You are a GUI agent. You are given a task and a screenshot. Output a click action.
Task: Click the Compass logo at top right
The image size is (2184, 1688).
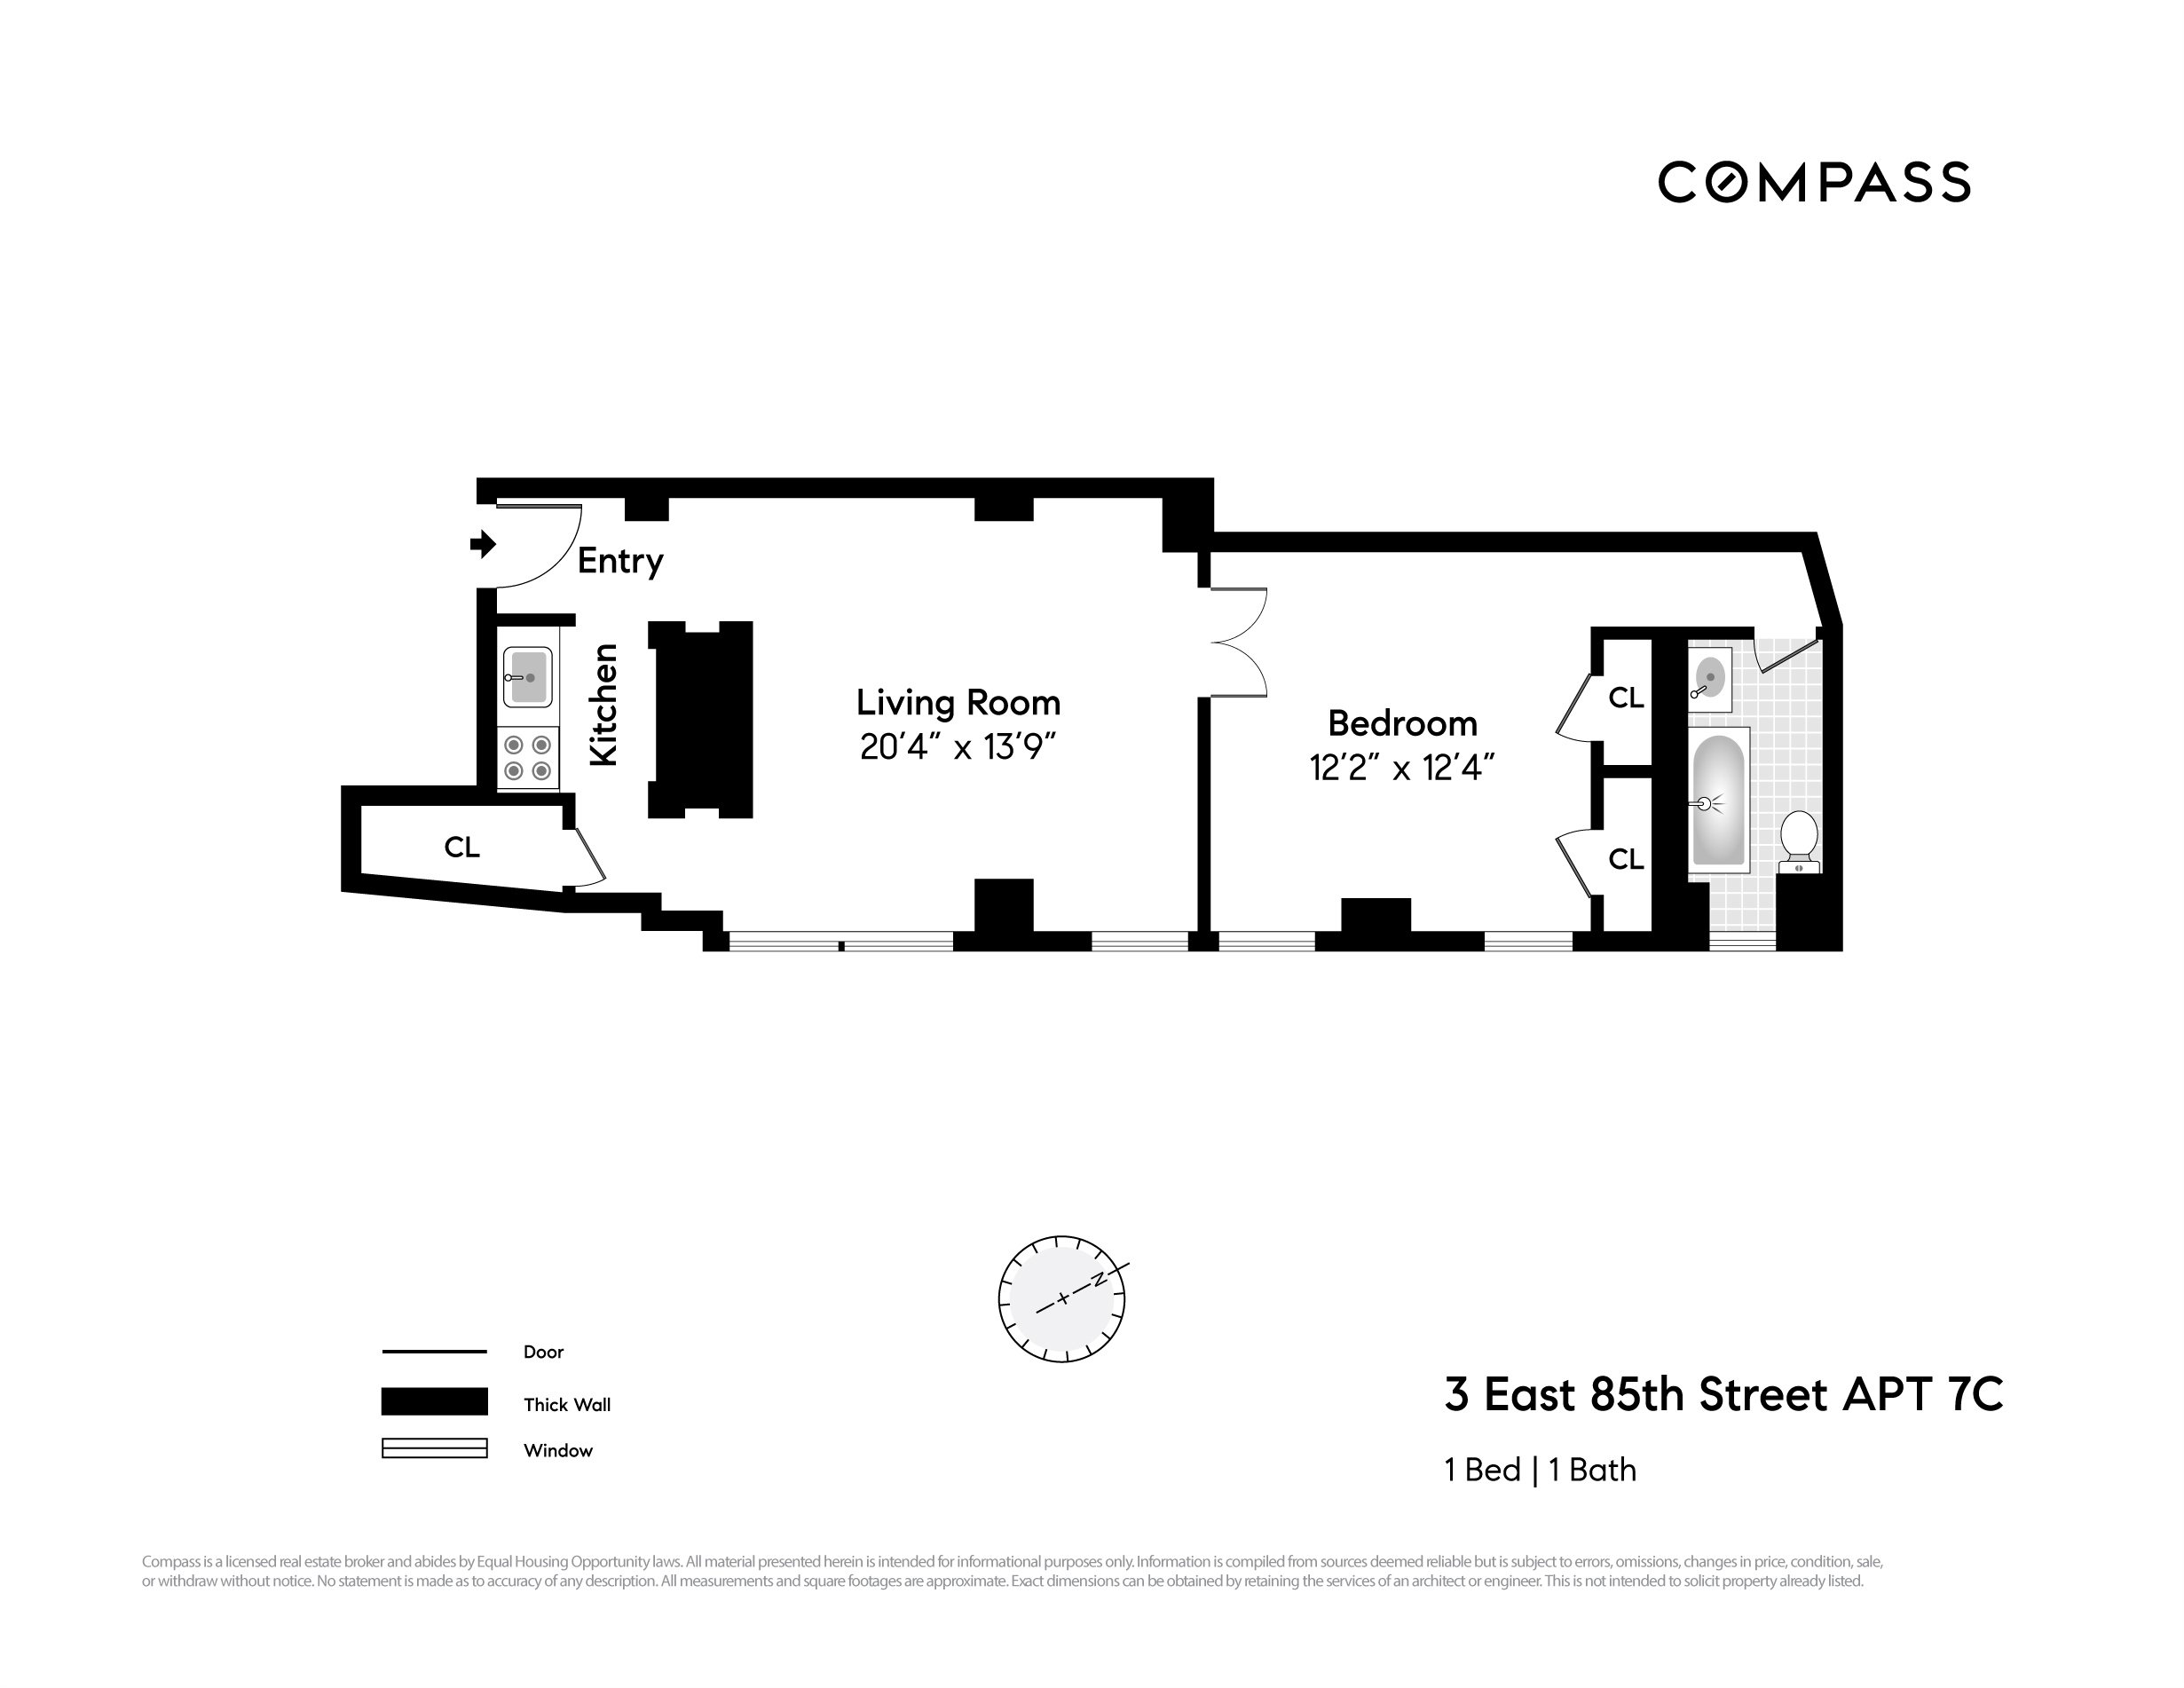click(x=1813, y=182)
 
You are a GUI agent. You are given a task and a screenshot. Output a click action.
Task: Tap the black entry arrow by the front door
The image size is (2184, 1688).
click(x=483, y=544)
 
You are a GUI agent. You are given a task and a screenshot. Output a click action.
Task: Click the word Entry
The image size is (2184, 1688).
click(x=620, y=560)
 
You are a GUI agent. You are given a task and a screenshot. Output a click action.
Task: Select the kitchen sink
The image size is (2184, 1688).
click(x=527, y=677)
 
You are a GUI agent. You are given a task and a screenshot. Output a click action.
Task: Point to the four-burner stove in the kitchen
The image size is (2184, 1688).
click(x=527, y=757)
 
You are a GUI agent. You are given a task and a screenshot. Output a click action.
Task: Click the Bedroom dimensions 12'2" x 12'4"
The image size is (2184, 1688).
click(x=1401, y=767)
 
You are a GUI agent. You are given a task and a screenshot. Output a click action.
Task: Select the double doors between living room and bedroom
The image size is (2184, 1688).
click(x=1238, y=642)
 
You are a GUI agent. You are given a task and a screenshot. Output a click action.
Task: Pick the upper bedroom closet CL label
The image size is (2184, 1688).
click(x=1625, y=697)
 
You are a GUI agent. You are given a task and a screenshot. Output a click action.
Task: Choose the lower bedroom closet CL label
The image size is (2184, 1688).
click(x=1625, y=859)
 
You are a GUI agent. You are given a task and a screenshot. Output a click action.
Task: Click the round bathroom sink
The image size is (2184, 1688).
click(x=1710, y=677)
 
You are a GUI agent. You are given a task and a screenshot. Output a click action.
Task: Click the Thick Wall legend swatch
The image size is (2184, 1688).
click(x=434, y=1401)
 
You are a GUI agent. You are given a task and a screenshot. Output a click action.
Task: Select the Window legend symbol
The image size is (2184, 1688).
click(x=434, y=1448)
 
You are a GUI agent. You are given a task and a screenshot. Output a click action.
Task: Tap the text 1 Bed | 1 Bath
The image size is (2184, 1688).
click(x=1540, y=1469)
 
